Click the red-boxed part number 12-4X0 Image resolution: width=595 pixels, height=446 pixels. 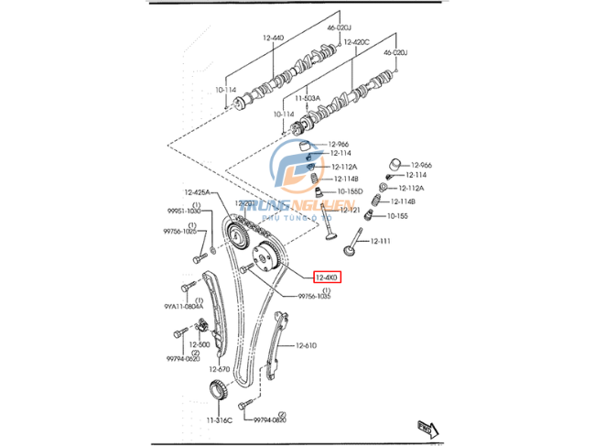(326, 277)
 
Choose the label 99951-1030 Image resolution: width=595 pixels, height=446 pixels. (182, 211)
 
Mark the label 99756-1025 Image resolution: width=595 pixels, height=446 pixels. (180, 232)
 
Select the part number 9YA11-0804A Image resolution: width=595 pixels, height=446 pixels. (183, 306)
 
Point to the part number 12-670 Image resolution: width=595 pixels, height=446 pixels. (218, 369)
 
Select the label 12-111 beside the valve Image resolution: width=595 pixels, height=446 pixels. (380, 241)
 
